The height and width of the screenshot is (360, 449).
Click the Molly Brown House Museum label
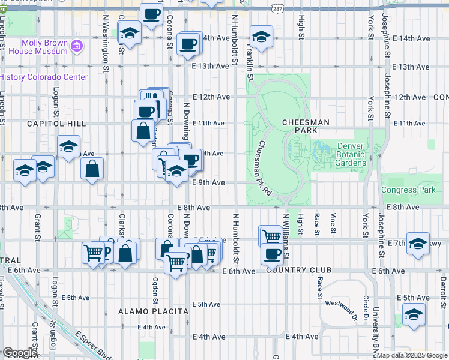(44, 47)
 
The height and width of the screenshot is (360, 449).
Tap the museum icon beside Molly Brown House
(76, 46)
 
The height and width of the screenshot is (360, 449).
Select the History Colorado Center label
(44, 77)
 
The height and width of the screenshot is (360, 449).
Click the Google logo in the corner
(20, 353)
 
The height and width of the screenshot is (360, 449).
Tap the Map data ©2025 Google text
(412, 355)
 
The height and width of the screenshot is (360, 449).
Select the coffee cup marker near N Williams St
(272, 254)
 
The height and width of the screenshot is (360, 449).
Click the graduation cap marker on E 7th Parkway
(418, 244)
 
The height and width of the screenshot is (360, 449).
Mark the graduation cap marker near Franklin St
(261, 37)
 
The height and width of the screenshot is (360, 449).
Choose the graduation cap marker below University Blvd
(414, 314)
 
